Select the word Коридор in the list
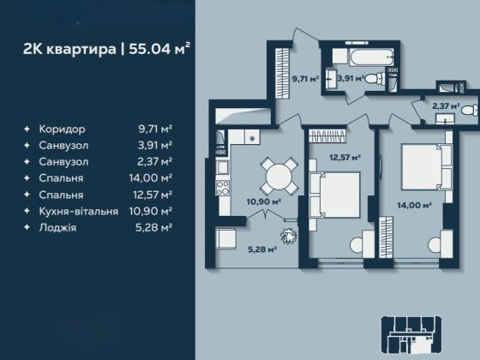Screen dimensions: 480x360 click(62, 129)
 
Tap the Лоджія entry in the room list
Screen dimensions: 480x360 click(57, 228)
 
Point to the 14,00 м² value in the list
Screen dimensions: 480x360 click(151, 178)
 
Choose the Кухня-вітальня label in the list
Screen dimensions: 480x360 click(78, 211)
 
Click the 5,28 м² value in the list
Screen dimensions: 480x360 click(153, 228)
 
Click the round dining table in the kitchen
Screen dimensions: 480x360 click(279, 177)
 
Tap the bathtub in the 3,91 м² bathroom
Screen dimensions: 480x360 click(371, 57)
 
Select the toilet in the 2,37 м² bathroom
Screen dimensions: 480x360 click(469, 111)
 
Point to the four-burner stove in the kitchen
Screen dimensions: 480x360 click(223, 188)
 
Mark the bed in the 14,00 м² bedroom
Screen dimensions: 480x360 click(427, 167)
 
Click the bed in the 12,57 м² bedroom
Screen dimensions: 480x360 click(334, 195)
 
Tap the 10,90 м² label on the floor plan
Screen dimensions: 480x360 click(264, 201)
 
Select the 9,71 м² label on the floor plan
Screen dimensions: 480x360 click(305, 79)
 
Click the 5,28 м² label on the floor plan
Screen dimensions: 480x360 click(262, 249)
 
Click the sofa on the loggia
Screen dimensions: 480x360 click(226, 237)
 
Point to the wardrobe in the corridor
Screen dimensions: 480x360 click(282, 73)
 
